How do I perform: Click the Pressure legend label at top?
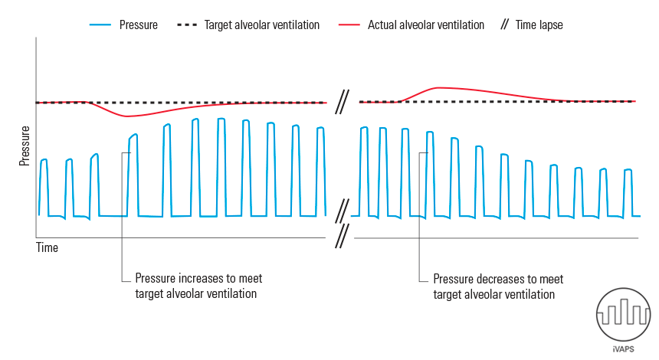(138, 25)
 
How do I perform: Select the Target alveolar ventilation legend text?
(261, 25)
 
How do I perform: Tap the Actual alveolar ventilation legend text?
(426, 25)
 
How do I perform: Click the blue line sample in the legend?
(101, 25)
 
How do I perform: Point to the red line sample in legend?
(349, 25)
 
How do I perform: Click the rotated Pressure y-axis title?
(25, 146)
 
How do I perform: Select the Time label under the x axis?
(48, 247)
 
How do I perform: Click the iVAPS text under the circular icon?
(624, 349)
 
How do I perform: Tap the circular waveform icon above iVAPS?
(624, 315)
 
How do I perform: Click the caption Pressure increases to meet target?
(198, 286)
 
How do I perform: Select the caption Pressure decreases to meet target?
(498, 286)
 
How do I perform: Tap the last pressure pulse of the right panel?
(628, 191)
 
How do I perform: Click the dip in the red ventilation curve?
(126, 116)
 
